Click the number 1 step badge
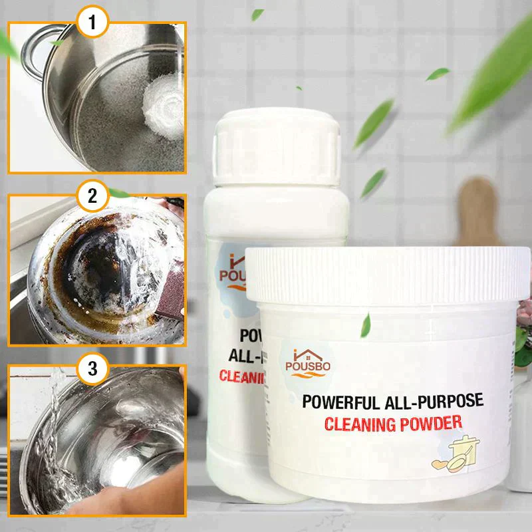click(x=94, y=24)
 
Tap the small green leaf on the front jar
click(x=365, y=327)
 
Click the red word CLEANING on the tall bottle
click(x=243, y=380)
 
